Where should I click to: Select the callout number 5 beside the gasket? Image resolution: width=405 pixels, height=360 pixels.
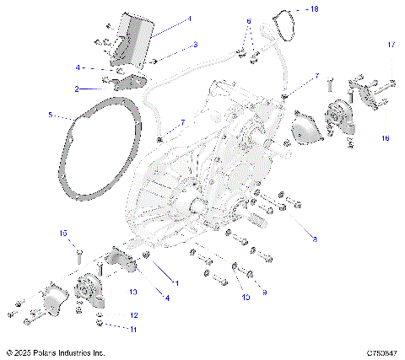pos(50,114)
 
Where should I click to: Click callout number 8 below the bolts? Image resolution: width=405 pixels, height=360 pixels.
pos(315,240)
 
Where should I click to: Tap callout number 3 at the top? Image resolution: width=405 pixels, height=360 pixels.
pos(195,44)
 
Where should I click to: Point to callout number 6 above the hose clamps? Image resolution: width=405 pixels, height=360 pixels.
pos(249,20)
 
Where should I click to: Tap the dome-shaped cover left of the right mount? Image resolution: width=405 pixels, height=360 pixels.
pos(303,131)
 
